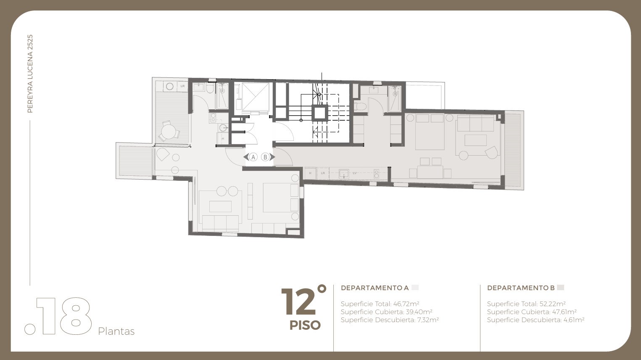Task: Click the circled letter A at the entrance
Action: pyautogui.click(x=253, y=157)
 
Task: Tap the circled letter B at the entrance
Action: pyautogui.click(x=265, y=157)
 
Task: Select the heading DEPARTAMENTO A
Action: pyautogui.click(x=375, y=288)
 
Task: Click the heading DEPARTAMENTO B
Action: pyautogui.click(x=521, y=288)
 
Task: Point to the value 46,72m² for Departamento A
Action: pyautogui.click(x=406, y=304)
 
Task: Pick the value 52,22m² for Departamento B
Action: pyautogui.click(x=553, y=304)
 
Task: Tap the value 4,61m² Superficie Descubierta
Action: pyautogui.click(x=574, y=320)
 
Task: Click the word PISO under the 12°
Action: pyautogui.click(x=305, y=325)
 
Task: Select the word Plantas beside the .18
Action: pyautogui.click(x=116, y=331)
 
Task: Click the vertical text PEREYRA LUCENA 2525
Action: pyautogui.click(x=30, y=74)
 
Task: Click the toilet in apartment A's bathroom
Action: pyautogui.click(x=210, y=88)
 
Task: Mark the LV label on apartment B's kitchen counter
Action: pyautogui.click(x=355, y=173)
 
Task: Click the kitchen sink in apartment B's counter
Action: pyautogui.click(x=343, y=174)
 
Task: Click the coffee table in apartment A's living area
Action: pyautogui.click(x=220, y=206)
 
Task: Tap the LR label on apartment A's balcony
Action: pyautogui.click(x=182, y=86)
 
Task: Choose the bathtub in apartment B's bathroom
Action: pyautogui.click(x=395, y=99)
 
